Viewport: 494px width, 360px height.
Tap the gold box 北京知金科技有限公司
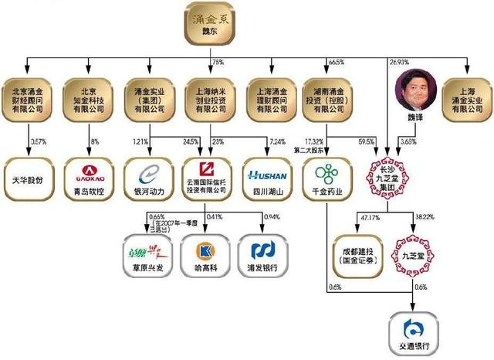point(91,99)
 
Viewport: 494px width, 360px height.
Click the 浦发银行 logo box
point(265,254)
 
